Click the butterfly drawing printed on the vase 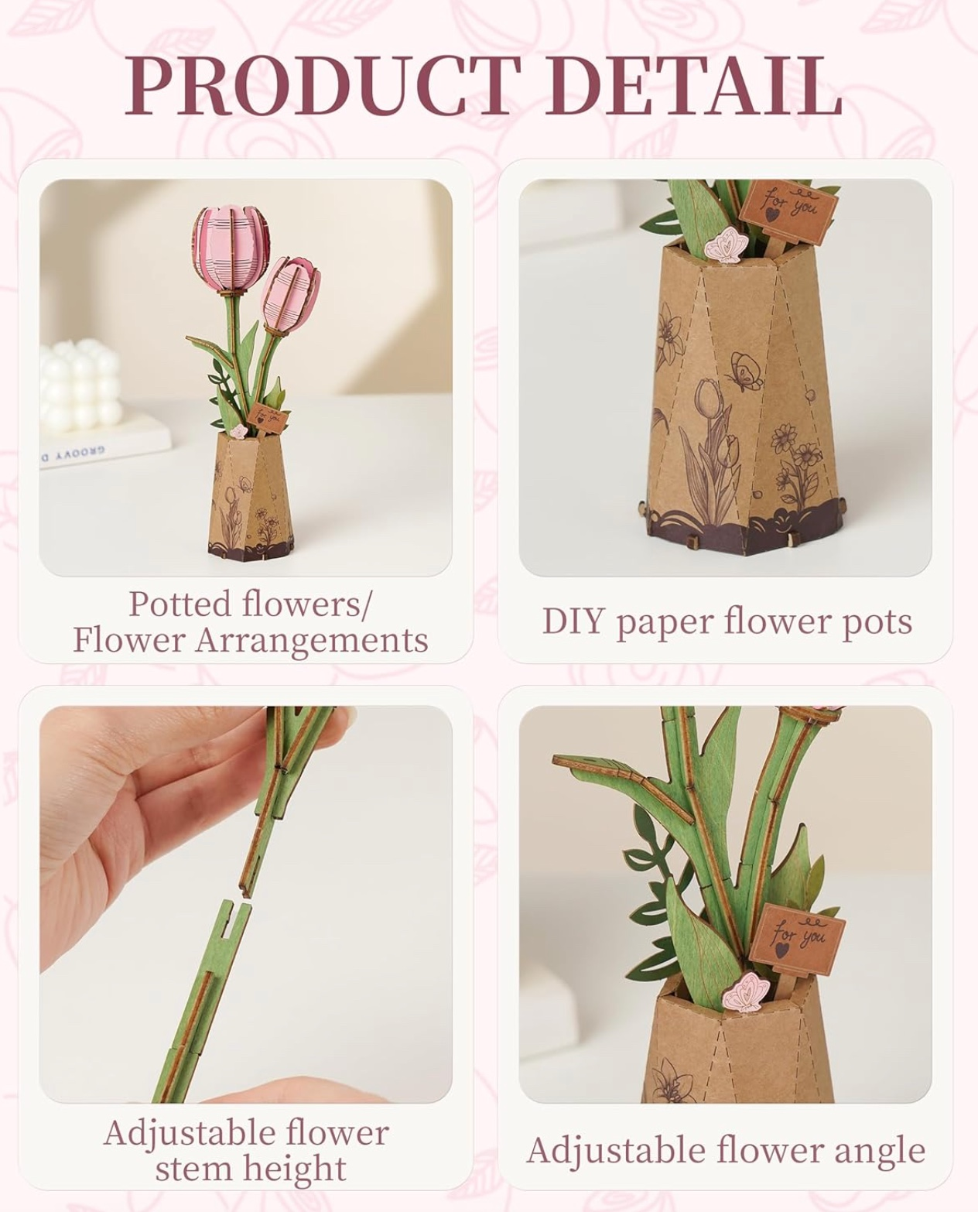(x=746, y=371)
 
